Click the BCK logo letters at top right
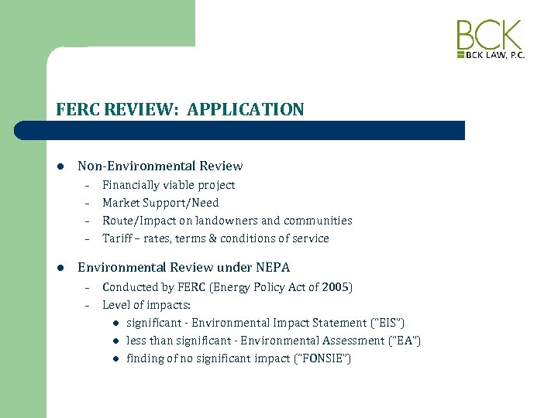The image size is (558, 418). coord(489,36)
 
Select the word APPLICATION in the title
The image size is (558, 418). coord(246,110)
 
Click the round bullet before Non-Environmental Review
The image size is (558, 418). coord(59,166)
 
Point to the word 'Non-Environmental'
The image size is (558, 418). coord(126,166)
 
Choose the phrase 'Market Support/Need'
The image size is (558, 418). coord(160,203)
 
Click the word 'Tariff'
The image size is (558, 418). coord(117,238)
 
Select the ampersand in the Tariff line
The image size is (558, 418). coord(212,238)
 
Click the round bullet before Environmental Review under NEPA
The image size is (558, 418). coord(59,268)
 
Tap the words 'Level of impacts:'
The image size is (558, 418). coord(146,305)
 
